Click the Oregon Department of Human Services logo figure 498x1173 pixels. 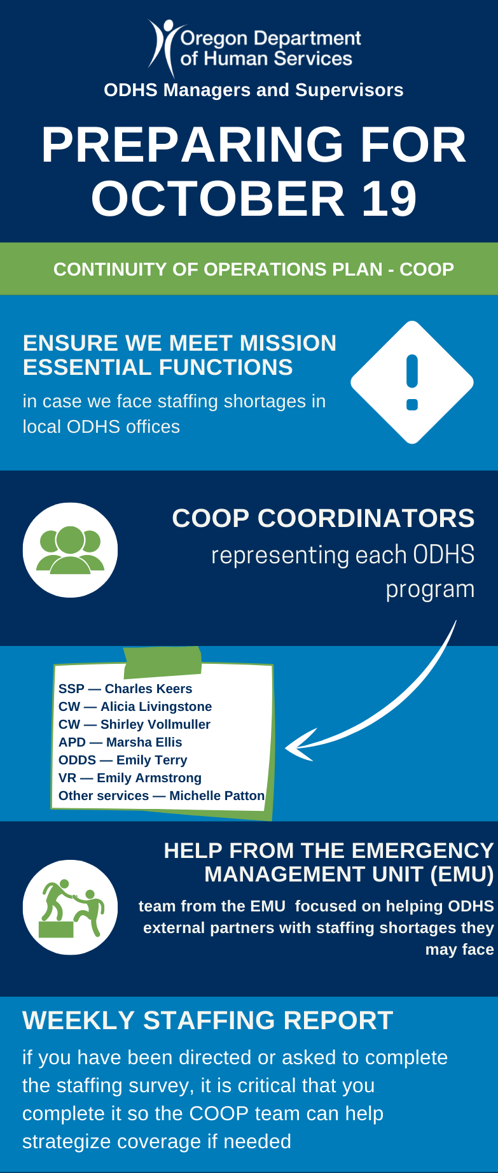pyautogui.click(x=162, y=46)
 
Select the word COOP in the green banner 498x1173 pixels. pyautogui.click(x=426, y=269)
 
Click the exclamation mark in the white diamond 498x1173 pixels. pyautogui.click(x=412, y=382)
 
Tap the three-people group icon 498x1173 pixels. pyautogui.click(x=70, y=550)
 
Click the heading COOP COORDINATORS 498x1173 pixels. pyautogui.click(x=323, y=518)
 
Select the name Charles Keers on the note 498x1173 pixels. pyautogui.click(x=148, y=689)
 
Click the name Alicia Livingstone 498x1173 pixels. pyautogui.click(x=156, y=706)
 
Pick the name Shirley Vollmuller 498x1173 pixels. pyautogui.click(x=155, y=724)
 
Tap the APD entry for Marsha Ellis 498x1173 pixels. pyautogui.click(x=120, y=742)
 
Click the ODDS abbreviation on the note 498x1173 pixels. pyautogui.click(x=77, y=760)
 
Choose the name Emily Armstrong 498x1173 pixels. pyautogui.click(x=149, y=778)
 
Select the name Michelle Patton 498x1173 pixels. pyautogui.click(x=217, y=796)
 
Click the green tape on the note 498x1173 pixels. pyautogui.click(x=163, y=661)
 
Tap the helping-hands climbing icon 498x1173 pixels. pyautogui.click(x=71, y=907)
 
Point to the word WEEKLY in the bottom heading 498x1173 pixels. pyautogui.click(x=79, y=1020)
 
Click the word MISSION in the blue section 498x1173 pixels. pyautogui.click(x=287, y=343)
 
